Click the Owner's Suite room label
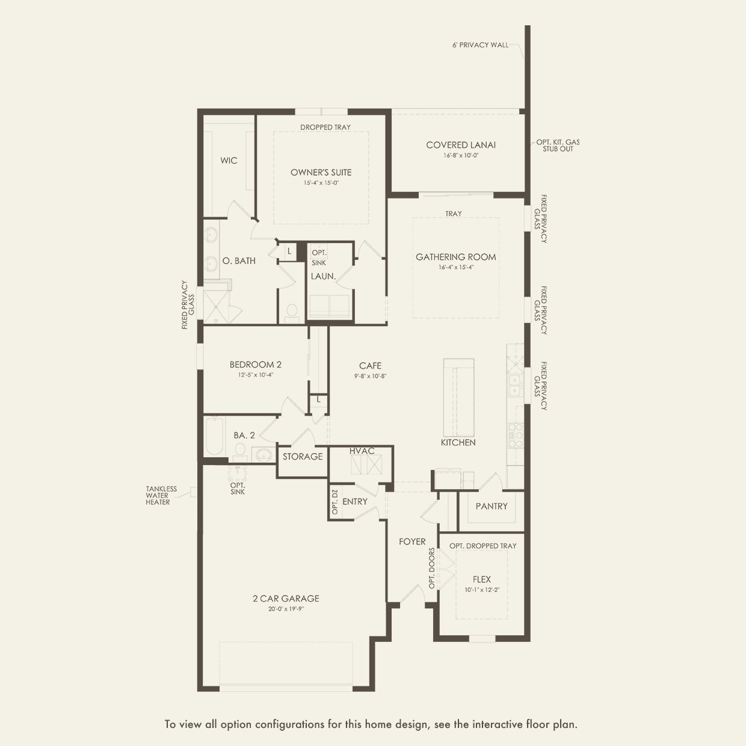pos(321,172)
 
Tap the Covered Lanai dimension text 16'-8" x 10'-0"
pos(461,155)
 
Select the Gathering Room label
pos(456,257)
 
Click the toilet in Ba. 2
pos(239,449)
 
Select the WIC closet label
pos(229,161)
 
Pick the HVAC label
pos(362,451)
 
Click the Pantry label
pos(492,506)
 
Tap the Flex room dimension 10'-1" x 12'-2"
pos(482,590)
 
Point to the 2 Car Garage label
pos(286,599)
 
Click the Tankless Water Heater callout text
pos(161,495)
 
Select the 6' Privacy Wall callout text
pos(480,45)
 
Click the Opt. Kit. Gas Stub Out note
pos(558,146)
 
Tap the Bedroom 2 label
pos(255,365)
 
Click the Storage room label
pos(303,457)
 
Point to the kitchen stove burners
pos(516,435)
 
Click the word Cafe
pos(370,366)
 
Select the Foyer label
pos(412,541)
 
